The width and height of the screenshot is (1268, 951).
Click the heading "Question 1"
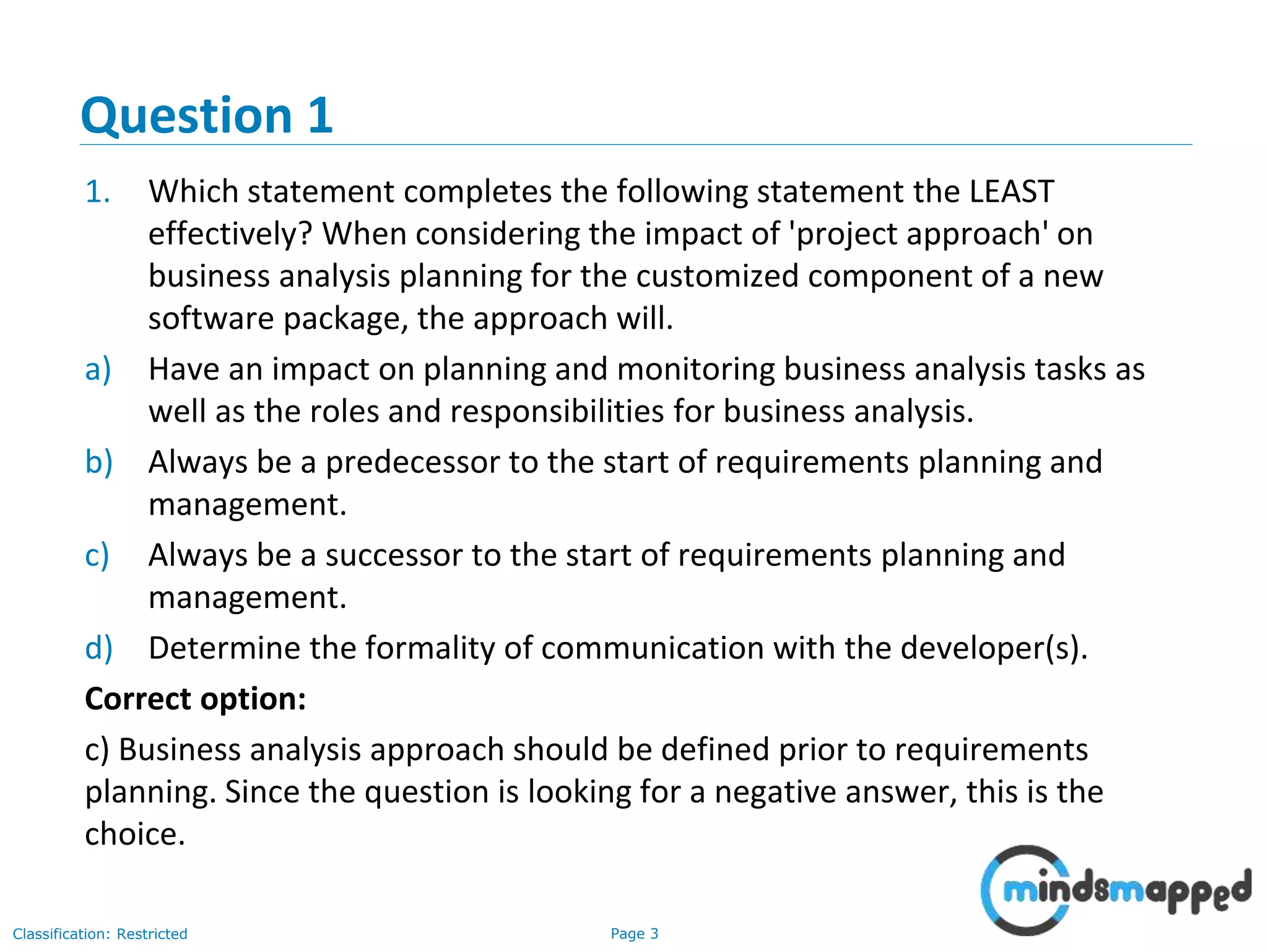click(207, 116)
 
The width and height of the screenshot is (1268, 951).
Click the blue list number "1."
click(98, 191)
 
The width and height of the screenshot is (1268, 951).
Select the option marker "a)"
click(98, 370)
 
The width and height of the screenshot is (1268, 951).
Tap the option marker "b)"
click(98, 462)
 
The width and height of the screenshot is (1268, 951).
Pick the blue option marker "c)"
click(97, 555)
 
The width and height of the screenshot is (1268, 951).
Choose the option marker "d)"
click(98, 648)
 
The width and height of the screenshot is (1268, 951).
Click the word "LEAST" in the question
click(1012, 191)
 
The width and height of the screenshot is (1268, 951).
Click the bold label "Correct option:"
click(196, 699)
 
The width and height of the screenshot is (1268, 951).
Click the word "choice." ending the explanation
click(135, 834)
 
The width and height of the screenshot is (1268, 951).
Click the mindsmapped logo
click(1115, 890)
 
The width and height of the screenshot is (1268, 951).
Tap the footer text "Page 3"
click(634, 934)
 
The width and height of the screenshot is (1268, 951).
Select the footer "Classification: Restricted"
click(100, 934)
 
